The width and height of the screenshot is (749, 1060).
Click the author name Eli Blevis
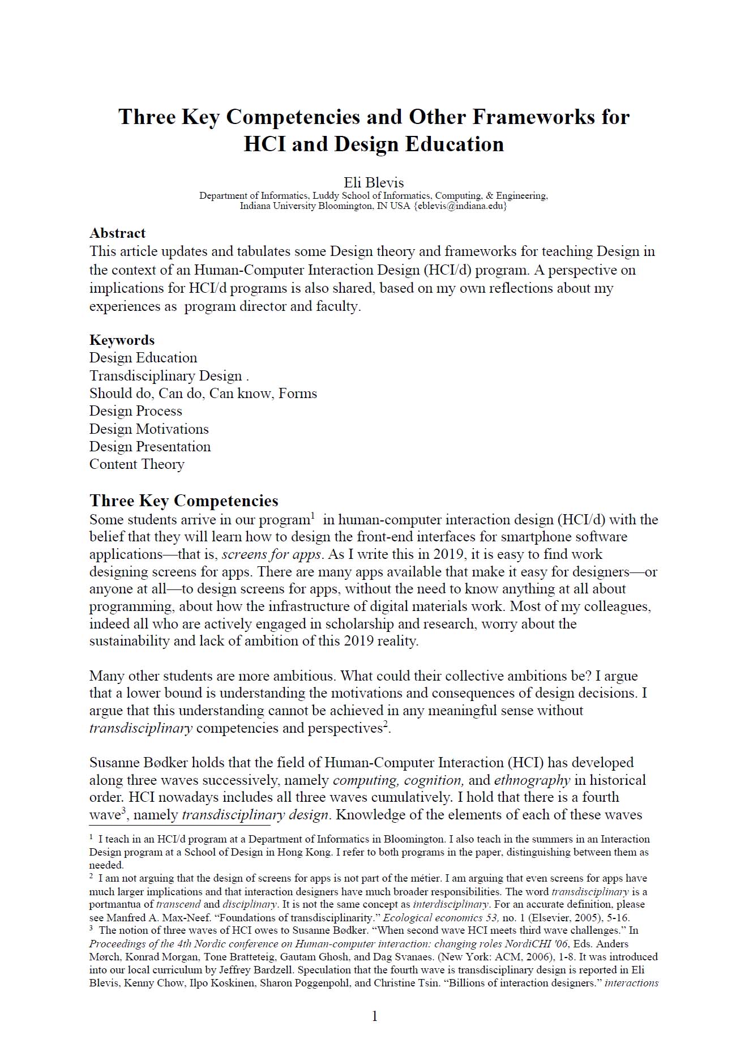[374, 182]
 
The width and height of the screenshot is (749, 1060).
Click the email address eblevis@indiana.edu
[460, 206]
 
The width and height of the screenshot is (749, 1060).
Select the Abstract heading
[117, 233]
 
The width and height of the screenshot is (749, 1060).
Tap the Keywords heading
[122, 340]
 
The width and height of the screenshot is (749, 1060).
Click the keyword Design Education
[143, 358]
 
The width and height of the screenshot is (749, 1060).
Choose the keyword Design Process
[136, 411]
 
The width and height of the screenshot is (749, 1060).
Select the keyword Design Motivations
[149, 429]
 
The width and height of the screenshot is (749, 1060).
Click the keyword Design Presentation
[150, 447]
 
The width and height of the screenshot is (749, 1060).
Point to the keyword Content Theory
[137, 464]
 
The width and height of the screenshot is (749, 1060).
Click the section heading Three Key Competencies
[184, 501]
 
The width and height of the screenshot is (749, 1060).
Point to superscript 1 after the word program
[313, 515]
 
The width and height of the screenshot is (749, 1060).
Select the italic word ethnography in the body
[532, 780]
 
